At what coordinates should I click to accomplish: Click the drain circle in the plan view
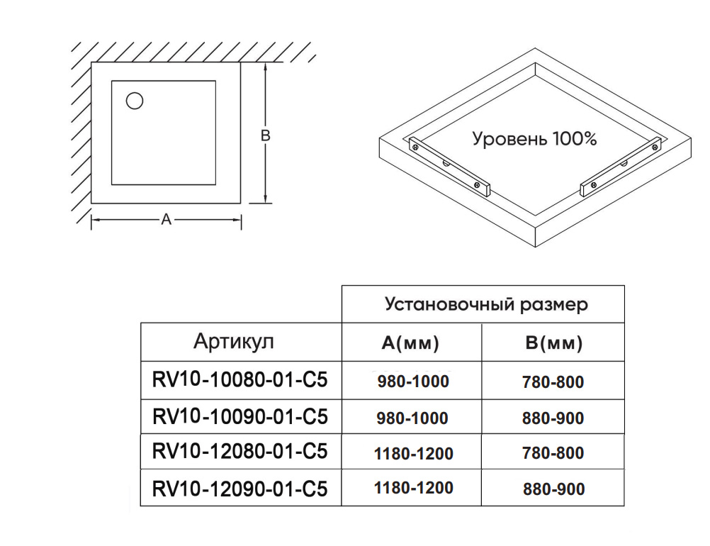135,101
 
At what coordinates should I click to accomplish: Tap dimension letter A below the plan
167,220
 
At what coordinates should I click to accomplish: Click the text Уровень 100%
534,138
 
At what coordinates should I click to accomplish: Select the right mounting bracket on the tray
620,167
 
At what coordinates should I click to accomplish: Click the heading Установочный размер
486,304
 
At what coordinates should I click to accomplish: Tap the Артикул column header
233,342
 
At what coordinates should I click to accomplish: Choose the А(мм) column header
410,344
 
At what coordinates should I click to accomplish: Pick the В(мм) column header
553,344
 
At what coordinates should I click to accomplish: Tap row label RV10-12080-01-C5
240,452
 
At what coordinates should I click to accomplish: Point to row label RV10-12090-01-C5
240,489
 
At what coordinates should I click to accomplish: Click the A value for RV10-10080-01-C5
413,381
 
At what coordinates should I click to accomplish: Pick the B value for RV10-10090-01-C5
553,418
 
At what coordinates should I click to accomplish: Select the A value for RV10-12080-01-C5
413,453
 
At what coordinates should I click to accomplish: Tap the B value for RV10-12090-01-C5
553,489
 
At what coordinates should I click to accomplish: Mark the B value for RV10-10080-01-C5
553,382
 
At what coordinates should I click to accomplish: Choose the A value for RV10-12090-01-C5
413,488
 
